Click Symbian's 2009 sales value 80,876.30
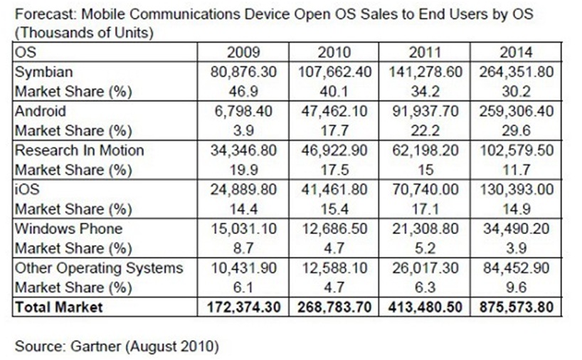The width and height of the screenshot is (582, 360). pos(244,72)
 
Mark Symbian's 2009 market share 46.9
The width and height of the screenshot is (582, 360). pos(244,91)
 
